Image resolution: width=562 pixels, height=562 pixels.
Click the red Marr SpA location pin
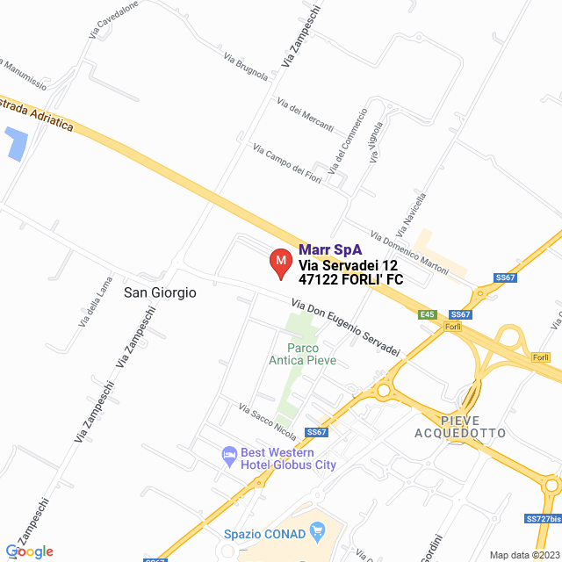279,263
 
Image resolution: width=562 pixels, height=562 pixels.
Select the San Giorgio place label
160,292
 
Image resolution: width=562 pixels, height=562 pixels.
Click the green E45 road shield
428,314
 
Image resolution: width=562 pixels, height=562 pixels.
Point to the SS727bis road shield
542,519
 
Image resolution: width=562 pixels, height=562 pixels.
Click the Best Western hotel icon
227,455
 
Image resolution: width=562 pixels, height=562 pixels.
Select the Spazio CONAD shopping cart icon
318,533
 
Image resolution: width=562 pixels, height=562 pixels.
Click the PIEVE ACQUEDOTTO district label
460,426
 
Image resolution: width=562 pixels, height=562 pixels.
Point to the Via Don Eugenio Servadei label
345,328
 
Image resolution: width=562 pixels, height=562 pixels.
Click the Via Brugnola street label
246,67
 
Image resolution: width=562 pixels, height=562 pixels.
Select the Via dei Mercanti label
305,114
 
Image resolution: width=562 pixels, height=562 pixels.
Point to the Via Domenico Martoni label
410,252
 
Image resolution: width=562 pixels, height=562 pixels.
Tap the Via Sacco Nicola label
268,421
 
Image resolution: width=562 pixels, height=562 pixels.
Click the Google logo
30,551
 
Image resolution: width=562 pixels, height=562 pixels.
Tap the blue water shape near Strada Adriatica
15,143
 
